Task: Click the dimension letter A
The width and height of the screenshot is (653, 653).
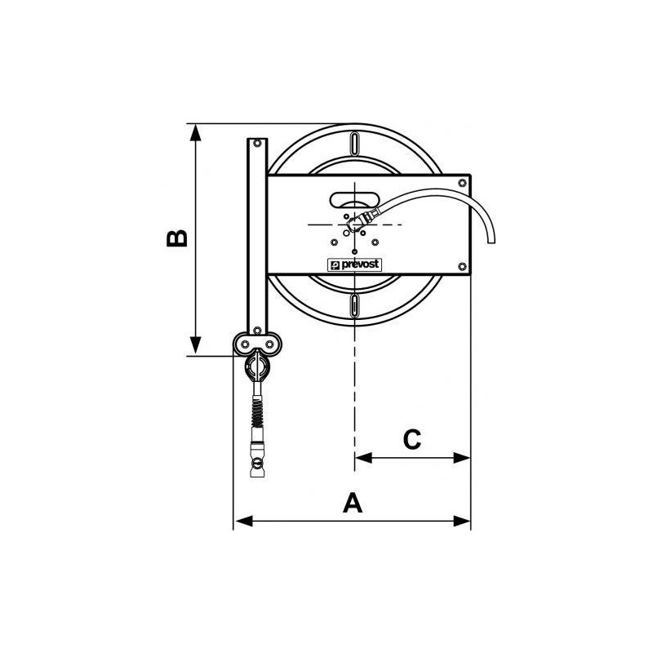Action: click(x=352, y=502)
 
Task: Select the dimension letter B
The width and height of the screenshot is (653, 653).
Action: click(x=177, y=238)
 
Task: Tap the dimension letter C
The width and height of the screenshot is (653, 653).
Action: click(x=412, y=439)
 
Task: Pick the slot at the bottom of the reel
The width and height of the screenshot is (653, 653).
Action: click(x=356, y=305)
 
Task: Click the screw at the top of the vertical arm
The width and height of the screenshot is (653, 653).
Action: click(x=258, y=144)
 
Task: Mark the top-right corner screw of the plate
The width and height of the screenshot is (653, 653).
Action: click(x=463, y=181)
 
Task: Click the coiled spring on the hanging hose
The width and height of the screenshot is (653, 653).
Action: click(x=258, y=408)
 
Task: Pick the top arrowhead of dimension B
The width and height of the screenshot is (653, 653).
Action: click(x=195, y=131)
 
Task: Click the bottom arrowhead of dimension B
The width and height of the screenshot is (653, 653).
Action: click(x=195, y=349)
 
